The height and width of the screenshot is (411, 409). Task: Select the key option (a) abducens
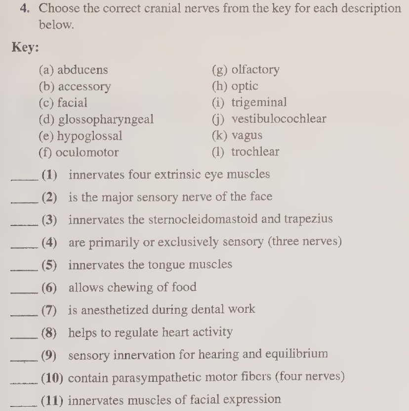(x=73, y=70)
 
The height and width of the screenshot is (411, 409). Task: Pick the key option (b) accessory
(x=75, y=87)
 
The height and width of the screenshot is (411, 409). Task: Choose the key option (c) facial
(x=63, y=103)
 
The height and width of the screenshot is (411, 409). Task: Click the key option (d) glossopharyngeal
(x=96, y=119)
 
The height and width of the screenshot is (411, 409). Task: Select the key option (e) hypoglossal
(x=80, y=136)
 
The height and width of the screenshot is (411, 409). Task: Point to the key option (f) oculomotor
(x=79, y=152)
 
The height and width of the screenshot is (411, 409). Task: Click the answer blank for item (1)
(x=25, y=180)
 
